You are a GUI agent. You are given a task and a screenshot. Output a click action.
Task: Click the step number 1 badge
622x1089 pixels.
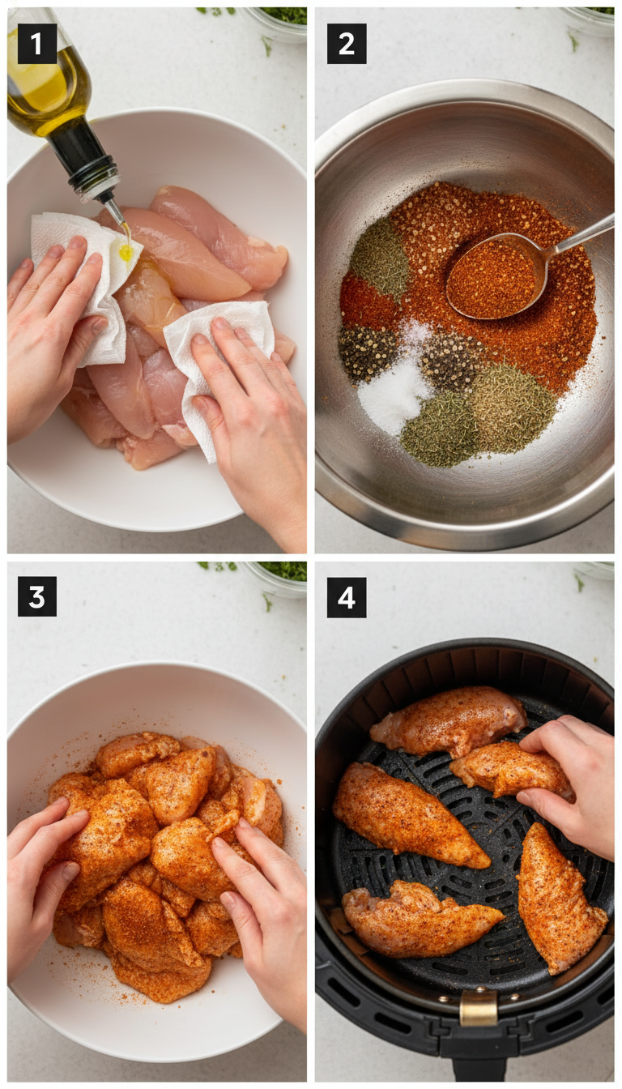click(x=37, y=44)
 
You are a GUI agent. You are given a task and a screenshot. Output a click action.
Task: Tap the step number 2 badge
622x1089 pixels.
click(x=347, y=44)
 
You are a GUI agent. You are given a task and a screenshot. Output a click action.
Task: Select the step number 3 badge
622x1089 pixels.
click(x=37, y=596)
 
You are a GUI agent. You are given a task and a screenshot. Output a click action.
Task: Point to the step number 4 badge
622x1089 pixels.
click(x=347, y=597)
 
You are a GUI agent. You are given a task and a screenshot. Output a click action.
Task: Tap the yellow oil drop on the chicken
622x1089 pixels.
click(x=126, y=252)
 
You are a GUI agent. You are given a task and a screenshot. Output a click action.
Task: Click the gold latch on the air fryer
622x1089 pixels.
click(x=478, y=1008)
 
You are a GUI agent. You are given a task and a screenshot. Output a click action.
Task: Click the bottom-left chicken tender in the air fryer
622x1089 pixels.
click(x=417, y=920)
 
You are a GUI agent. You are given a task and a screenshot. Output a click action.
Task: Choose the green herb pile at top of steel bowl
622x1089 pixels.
click(x=380, y=259)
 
